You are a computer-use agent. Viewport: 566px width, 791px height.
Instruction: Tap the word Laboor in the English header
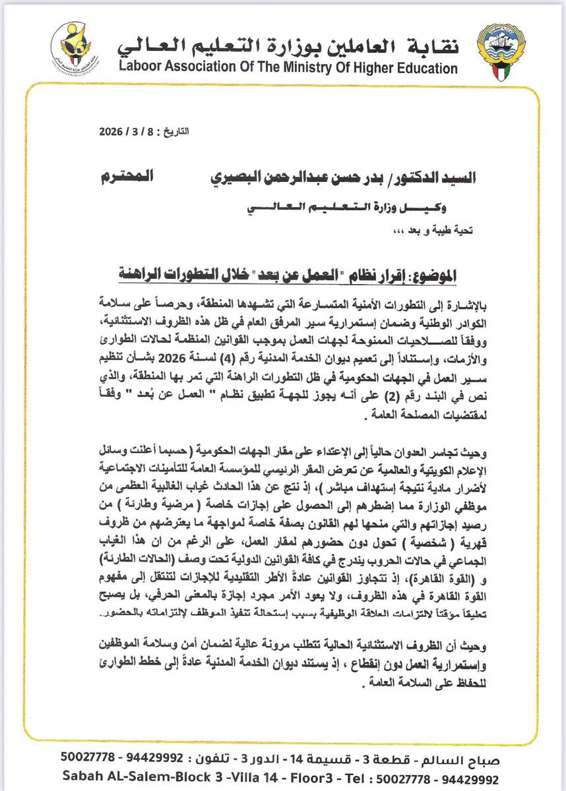point(141,68)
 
